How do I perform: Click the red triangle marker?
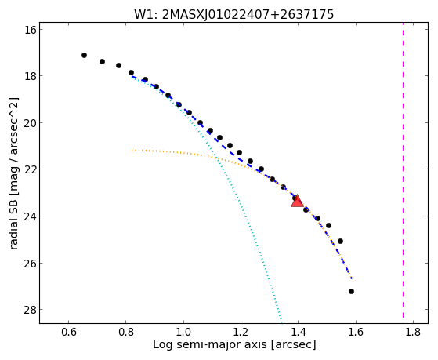coord(297,201)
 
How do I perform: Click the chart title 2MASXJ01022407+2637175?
coord(248,15)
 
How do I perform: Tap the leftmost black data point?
coord(84,56)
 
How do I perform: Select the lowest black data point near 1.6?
coord(351,292)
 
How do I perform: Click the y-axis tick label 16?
coord(31,30)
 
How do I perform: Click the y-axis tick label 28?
coord(31,310)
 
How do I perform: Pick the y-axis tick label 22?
coord(31,169)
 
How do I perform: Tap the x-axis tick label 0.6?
coord(69,332)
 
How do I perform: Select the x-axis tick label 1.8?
coord(413,332)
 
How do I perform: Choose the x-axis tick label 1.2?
coord(241,332)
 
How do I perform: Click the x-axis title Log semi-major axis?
coord(210,344)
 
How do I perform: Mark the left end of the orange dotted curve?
coord(132,151)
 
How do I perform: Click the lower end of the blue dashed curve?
coord(352,278)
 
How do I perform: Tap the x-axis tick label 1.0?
coord(183,332)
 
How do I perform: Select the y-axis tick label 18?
coord(31,76)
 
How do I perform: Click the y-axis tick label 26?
coord(31,264)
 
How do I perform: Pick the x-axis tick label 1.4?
coord(298,332)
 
